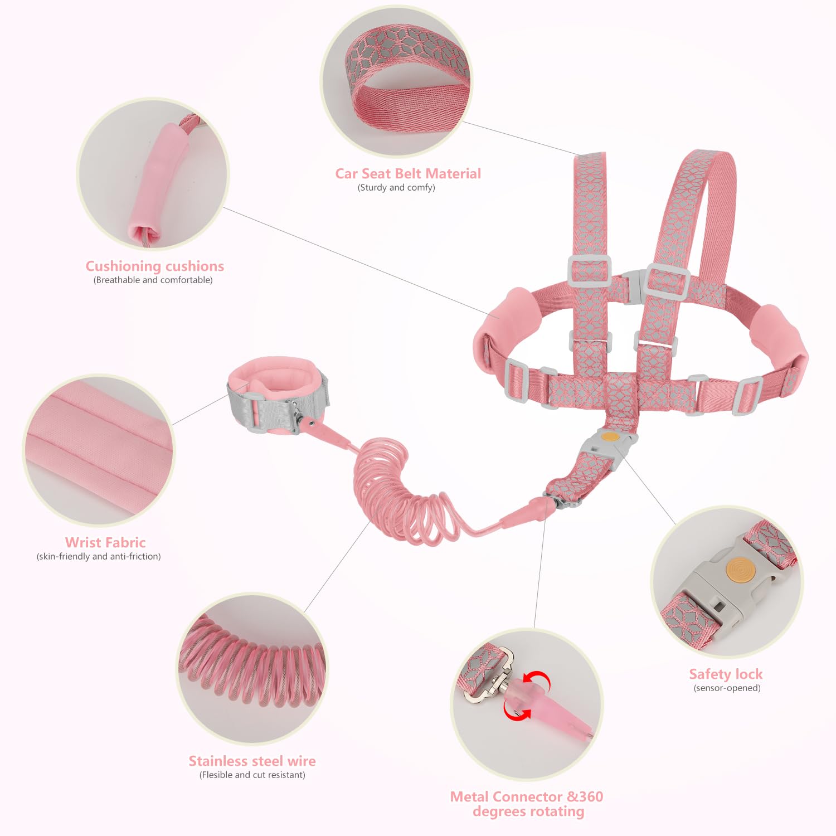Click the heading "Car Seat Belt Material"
(x=408, y=174)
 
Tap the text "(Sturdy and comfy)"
(x=396, y=188)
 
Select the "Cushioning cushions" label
(x=154, y=266)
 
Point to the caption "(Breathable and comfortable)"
(x=153, y=280)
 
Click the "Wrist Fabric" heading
(x=105, y=542)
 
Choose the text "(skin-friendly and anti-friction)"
(x=99, y=556)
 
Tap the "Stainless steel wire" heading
(x=252, y=761)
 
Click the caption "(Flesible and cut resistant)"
(x=252, y=775)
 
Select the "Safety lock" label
(x=726, y=674)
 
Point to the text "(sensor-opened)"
(x=727, y=688)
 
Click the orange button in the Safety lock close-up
(x=741, y=571)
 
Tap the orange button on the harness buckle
(x=610, y=437)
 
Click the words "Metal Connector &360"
(x=527, y=797)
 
